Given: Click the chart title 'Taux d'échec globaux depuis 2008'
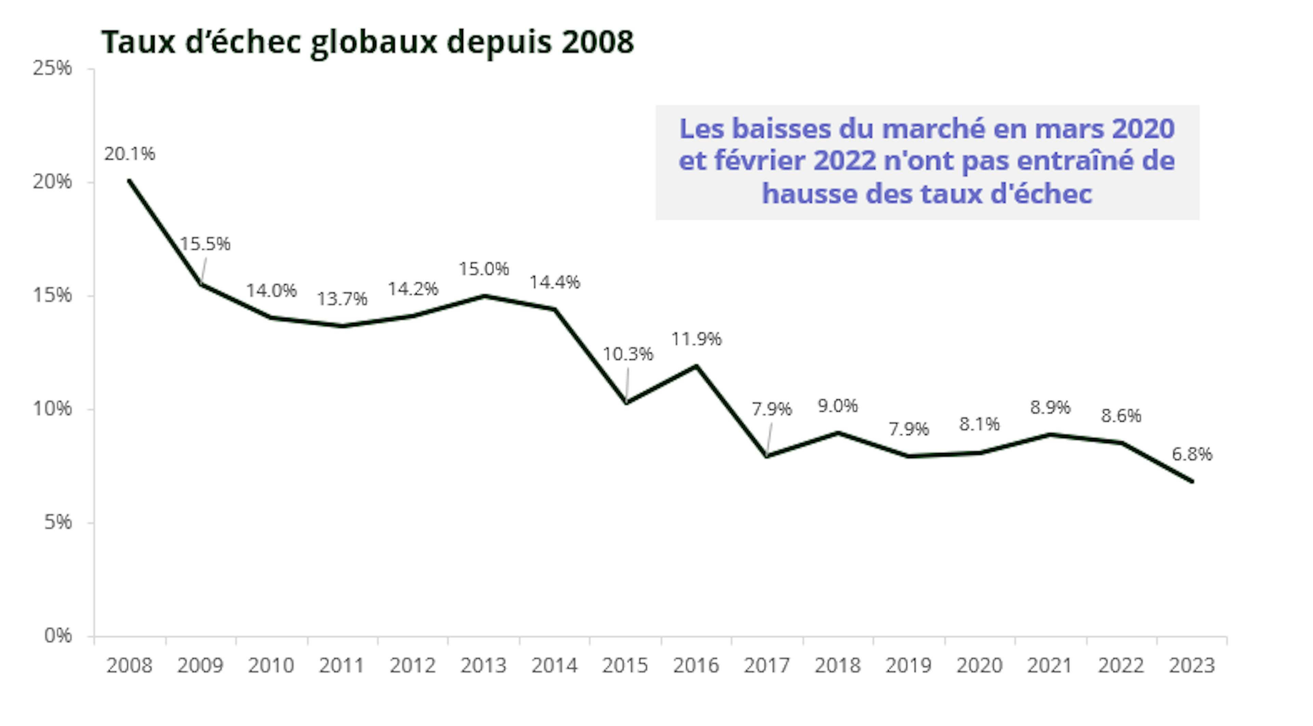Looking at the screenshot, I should (367, 42).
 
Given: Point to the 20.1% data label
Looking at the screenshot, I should (130, 154).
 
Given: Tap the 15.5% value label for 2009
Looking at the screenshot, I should (205, 244).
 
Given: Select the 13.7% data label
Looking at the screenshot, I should (342, 299).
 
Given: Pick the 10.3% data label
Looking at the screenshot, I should (627, 354).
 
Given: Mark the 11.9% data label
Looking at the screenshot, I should (696, 339).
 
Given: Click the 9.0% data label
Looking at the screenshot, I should (838, 406).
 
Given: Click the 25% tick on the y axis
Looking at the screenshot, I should (52, 68).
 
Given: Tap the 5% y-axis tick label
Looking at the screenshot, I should (57, 522).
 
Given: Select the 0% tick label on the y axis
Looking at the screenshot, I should (57, 636).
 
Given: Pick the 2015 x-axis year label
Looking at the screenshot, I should (625, 665).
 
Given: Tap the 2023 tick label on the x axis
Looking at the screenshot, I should (1192, 665).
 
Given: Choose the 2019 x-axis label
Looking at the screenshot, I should (908, 665).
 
